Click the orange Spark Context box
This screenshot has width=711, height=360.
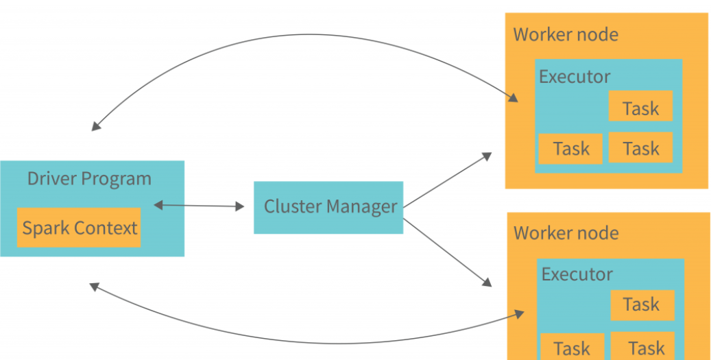79,228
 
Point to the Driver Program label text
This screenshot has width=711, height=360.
89,179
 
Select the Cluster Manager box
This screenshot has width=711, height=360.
328,207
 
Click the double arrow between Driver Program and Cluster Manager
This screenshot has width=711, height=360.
200,205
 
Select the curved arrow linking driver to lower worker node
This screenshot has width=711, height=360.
302,341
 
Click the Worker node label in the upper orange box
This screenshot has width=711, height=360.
566,34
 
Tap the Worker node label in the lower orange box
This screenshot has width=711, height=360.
566,232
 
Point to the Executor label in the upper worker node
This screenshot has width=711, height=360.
575,76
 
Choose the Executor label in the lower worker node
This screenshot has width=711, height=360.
577,274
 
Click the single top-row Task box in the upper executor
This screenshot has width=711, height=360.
640,108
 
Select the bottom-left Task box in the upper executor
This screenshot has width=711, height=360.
570,149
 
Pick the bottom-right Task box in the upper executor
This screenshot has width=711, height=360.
640,149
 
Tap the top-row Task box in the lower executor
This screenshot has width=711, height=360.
641,304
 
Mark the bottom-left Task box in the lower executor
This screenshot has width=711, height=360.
572,347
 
